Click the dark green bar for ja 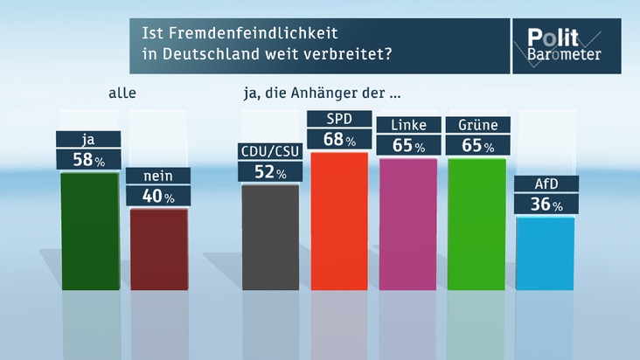(90, 232)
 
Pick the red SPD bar (339, 220)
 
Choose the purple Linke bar (407, 224)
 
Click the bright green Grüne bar (477, 224)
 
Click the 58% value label (87, 160)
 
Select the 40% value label (157, 197)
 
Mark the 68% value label (339, 139)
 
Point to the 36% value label (545, 205)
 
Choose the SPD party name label (339, 119)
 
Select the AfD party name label (545, 184)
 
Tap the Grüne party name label (477, 125)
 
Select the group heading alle (123, 92)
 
